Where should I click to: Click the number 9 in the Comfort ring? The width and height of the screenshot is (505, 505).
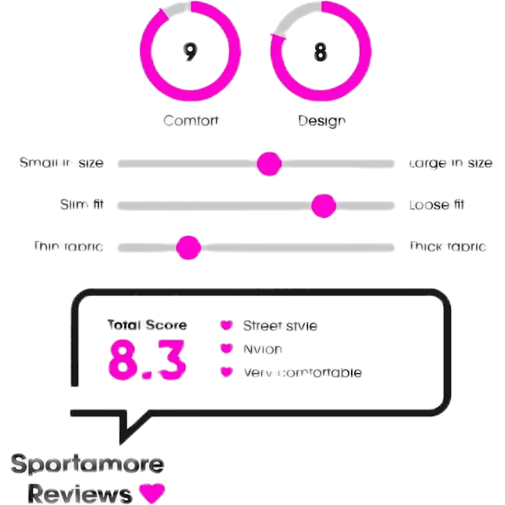pos(190,52)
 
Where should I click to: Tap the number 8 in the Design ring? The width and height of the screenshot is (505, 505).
pos(320,52)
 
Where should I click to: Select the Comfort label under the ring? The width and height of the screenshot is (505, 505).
pos(191,120)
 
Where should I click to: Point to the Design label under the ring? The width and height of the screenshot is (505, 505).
pos(321,121)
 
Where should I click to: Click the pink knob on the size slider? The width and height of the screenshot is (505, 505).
pos(269,163)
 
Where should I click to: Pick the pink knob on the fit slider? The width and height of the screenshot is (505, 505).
pos(323,205)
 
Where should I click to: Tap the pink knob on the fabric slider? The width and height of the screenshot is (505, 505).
pos(188,247)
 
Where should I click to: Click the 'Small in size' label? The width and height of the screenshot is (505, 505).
pos(61,163)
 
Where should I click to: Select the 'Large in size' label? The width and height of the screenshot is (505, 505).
pos(452,163)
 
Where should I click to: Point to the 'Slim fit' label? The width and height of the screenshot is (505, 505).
pos(82,205)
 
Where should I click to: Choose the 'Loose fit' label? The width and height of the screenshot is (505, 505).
pos(437,205)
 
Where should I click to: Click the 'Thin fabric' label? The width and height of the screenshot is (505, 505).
pos(68,247)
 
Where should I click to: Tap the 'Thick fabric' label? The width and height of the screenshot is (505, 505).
pos(447,247)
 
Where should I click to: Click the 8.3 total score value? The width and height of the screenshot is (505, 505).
pos(147,359)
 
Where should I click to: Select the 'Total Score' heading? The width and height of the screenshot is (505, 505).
pos(147,325)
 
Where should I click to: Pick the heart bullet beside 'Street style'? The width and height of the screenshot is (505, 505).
pos(226,325)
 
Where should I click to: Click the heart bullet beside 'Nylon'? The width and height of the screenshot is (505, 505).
pos(226,349)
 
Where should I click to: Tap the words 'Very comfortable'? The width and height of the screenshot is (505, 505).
pos(302,373)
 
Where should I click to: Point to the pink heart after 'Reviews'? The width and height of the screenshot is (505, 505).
pos(152,493)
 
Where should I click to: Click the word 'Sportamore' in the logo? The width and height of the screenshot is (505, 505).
pos(88,465)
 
